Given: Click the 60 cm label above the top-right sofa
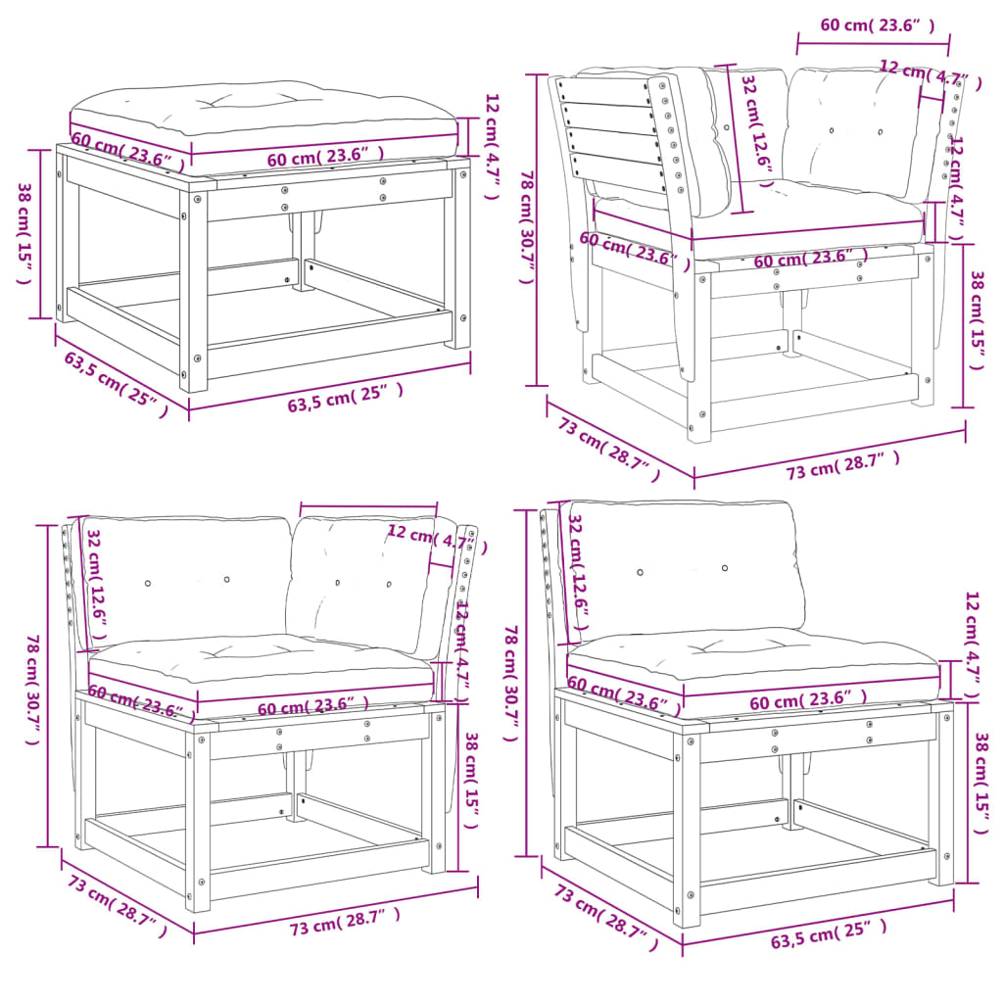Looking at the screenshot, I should point(877,26).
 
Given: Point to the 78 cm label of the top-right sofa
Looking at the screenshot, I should point(528,226).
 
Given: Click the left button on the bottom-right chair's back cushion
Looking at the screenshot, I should point(640,572).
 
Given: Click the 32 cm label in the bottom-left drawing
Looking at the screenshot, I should point(97,578).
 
